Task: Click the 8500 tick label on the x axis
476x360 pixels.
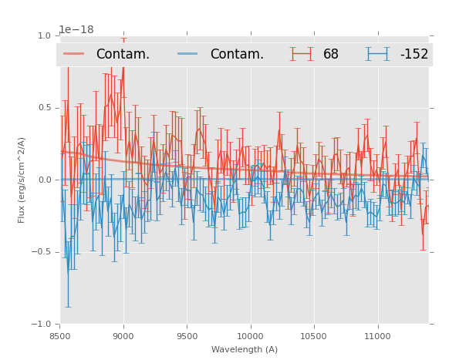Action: pyautogui.click(x=60, y=336)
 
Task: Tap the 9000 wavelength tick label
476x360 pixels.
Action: pyautogui.click(x=123, y=336)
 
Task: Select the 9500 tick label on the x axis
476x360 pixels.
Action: pyautogui.click(x=187, y=336)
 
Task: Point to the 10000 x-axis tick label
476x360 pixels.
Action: pyautogui.click(x=250, y=336)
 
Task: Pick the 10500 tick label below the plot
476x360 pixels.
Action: pyautogui.click(x=313, y=336)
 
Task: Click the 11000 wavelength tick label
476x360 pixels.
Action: pyautogui.click(x=377, y=336)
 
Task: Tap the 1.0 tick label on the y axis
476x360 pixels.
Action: pyautogui.click(x=44, y=35)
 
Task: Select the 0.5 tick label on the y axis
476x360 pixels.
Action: pyautogui.click(x=44, y=108)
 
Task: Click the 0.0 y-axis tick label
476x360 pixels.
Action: pyautogui.click(x=44, y=180)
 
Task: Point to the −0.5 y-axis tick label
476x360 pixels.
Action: pyautogui.click(x=42, y=252)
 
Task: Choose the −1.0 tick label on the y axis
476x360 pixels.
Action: pyautogui.click(x=42, y=324)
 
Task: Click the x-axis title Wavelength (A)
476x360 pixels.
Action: pyautogui.click(x=244, y=350)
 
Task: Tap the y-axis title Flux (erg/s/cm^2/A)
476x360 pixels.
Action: pyautogui.click(x=22, y=180)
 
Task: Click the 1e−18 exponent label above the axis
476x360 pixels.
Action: pyautogui.click(x=76, y=30)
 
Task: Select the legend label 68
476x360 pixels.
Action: pyautogui.click(x=331, y=54)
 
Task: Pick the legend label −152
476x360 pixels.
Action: pyautogui.click(x=414, y=54)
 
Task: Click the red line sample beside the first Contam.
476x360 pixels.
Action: pyautogui.click(x=74, y=54)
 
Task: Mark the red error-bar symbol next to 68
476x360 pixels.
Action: pyautogui.click(x=302, y=54)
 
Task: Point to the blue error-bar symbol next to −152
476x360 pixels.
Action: pyautogui.click(x=378, y=54)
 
